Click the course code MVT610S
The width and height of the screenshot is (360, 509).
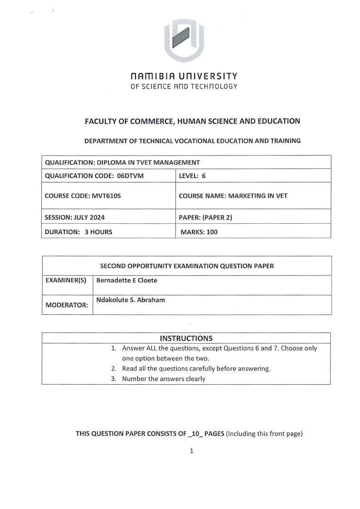click(94, 196)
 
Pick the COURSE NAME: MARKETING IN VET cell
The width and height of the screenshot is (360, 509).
click(233, 196)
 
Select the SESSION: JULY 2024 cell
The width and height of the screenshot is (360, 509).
click(75, 217)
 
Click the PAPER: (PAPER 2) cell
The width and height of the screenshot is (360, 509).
click(205, 217)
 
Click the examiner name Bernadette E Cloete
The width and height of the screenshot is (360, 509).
click(127, 280)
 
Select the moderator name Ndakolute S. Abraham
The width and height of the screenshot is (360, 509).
click(130, 300)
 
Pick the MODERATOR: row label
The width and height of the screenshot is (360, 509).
click(66, 305)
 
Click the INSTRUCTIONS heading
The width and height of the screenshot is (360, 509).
click(186, 338)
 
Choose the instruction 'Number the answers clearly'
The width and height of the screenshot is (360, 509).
click(164, 379)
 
